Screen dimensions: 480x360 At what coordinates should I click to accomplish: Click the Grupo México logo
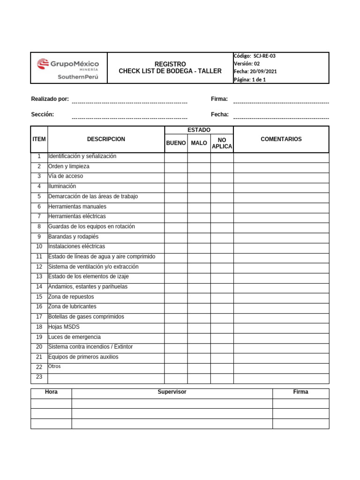click(68, 68)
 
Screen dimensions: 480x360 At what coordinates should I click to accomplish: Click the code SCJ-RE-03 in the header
click(265, 56)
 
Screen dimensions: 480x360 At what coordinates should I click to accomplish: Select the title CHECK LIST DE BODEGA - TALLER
click(170, 71)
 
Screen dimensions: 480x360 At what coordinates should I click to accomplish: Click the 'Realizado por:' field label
click(50, 99)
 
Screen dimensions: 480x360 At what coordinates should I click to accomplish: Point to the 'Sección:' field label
click(42, 114)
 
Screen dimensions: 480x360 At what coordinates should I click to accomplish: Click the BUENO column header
click(176, 143)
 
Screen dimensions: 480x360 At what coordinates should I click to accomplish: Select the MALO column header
click(199, 143)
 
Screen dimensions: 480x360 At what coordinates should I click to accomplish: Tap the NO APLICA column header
click(222, 143)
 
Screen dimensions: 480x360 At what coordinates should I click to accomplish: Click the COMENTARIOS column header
click(281, 139)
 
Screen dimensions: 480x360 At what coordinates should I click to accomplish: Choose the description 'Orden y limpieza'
click(68, 166)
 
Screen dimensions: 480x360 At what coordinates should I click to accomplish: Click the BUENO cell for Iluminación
click(176, 187)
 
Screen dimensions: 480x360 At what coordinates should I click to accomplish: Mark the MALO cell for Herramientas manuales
click(199, 207)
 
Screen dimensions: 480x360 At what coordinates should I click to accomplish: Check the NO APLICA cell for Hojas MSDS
click(222, 327)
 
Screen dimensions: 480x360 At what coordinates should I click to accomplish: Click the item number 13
click(39, 277)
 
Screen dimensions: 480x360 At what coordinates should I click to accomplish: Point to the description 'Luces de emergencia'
click(74, 337)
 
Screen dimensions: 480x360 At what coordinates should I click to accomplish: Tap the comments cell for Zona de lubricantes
click(281, 307)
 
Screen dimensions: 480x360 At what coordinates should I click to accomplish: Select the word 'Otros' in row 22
click(54, 367)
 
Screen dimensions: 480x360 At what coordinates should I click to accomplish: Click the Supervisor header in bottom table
click(172, 392)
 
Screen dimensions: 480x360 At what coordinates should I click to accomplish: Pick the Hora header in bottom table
click(51, 392)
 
